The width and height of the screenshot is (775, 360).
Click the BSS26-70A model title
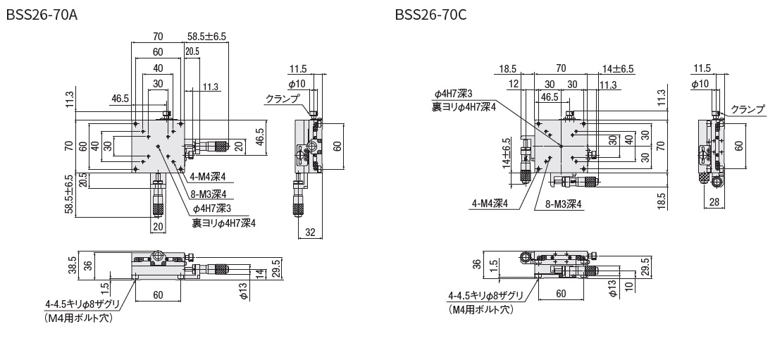(42, 15)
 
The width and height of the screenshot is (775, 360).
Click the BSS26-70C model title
(430, 15)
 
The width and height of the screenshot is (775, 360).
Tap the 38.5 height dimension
(72, 266)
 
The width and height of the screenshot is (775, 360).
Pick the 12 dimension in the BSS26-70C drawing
(514, 84)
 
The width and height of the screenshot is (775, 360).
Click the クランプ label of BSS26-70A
(283, 99)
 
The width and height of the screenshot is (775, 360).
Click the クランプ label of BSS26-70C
(748, 109)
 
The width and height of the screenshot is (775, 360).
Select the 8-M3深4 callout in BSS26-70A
(209, 195)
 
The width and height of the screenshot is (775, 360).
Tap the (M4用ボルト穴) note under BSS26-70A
(78, 318)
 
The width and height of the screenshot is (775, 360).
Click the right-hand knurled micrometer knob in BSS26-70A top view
(221, 146)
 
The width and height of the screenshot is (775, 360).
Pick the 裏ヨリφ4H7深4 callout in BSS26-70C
(464, 106)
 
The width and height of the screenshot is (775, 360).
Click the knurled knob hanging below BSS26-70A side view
(299, 209)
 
